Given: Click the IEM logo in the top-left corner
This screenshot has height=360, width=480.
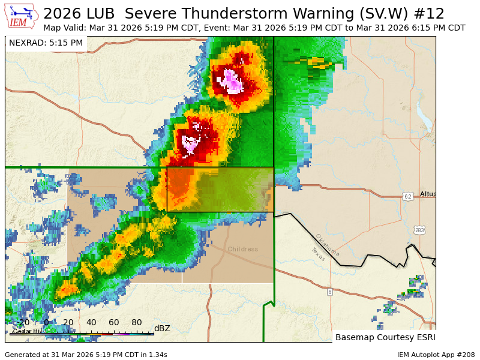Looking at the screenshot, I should coord(22,16).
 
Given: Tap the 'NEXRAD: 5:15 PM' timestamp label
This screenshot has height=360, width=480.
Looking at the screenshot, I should coord(46,43).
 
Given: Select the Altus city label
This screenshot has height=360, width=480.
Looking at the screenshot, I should coord(428,194).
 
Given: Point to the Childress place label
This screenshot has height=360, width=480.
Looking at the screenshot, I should coord(242,249).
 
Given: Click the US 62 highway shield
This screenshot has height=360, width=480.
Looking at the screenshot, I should coord(408,196).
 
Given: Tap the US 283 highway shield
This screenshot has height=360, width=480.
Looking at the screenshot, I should coord(419,230).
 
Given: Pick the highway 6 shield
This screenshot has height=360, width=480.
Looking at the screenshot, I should coord(329,292).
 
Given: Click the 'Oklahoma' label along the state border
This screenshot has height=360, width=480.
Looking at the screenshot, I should coord(328,245).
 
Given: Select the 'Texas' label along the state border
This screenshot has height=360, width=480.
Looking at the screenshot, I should coord(318,254).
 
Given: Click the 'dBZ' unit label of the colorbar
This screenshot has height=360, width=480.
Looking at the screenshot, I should coord(162,328).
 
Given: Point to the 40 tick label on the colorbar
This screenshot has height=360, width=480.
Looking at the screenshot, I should coord(91,322).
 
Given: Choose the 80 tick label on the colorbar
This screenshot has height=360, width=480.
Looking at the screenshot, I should coord(137,322).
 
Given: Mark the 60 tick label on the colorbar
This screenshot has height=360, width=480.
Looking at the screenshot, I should coord(114,322).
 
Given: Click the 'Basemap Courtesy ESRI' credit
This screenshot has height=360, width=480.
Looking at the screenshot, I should coord(384,337).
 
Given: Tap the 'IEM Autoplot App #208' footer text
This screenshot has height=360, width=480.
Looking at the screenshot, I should coord(436,355).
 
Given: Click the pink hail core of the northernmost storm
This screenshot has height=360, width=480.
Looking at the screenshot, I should coord(232,81).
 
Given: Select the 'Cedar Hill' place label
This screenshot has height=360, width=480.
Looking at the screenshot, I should coord(28,331).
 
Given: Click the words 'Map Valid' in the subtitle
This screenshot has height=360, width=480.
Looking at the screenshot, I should coord(64,28).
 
